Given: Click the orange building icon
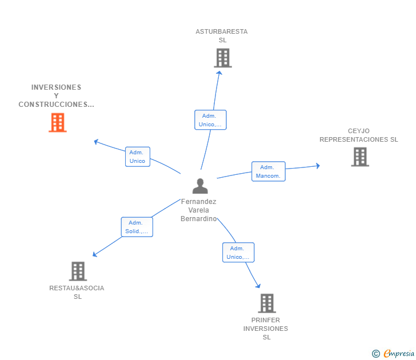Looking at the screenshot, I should click(58, 122).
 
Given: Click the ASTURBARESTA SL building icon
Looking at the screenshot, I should click(223, 58).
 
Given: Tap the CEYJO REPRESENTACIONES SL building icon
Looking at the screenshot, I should click(360, 157).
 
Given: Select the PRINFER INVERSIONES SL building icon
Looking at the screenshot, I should click(267, 303).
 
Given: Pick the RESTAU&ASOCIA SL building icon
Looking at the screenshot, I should click(78, 271).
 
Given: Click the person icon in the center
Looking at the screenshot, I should click(200, 186).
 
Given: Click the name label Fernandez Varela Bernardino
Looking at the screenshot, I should click(199, 210).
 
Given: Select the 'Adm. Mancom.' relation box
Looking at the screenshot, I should click(268, 171).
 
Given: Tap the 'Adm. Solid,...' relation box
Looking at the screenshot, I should click(137, 227).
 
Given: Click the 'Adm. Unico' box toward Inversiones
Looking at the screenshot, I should click(138, 157).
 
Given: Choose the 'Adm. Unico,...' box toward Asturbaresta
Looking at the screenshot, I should click(210, 120).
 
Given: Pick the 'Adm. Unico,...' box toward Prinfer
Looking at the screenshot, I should click(238, 253).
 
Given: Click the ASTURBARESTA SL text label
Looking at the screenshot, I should click(222, 35).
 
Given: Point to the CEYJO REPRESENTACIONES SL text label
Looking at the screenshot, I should click(359, 135).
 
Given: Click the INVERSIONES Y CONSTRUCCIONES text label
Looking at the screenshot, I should click(56, 96).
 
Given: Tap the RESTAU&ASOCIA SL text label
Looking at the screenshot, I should click(77, 292).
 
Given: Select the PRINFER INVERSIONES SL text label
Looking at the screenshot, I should click(266, 329).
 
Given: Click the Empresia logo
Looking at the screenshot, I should click(399, 353).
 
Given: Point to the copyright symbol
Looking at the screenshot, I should click(376, 354).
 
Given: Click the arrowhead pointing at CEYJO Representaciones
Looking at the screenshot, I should click(317, 166).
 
